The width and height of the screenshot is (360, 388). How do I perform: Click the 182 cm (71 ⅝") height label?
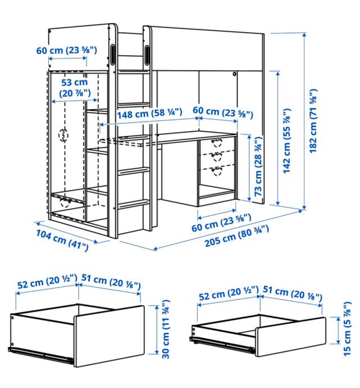coord(313,121)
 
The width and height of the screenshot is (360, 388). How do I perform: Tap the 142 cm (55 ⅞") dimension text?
coord(286,141)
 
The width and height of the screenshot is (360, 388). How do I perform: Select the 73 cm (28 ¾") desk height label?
coord(258,166)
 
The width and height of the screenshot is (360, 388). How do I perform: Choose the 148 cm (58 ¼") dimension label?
coord(149,114)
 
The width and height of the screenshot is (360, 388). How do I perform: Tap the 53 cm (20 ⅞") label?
coord(75,88)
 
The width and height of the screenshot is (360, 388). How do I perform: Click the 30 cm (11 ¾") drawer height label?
coord(166,329)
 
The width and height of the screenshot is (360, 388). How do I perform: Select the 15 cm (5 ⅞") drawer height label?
coord(347,328)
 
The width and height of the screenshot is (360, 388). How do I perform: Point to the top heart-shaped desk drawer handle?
coord(217,142)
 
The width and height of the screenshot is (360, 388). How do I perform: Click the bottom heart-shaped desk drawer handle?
coord(217,171)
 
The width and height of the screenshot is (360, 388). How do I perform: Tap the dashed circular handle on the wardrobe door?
coord(63,135)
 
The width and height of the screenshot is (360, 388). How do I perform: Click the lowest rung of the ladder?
coord(134,204)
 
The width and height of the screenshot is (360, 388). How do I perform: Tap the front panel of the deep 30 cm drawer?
coord(109,335)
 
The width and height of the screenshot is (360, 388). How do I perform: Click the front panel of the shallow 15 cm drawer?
coord(290,336)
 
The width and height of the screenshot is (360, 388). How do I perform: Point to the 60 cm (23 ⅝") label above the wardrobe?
coord(67,50)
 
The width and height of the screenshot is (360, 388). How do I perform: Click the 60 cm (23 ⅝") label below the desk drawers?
coord(221,223)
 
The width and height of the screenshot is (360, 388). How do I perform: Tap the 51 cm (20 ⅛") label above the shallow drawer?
coord(292,294)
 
